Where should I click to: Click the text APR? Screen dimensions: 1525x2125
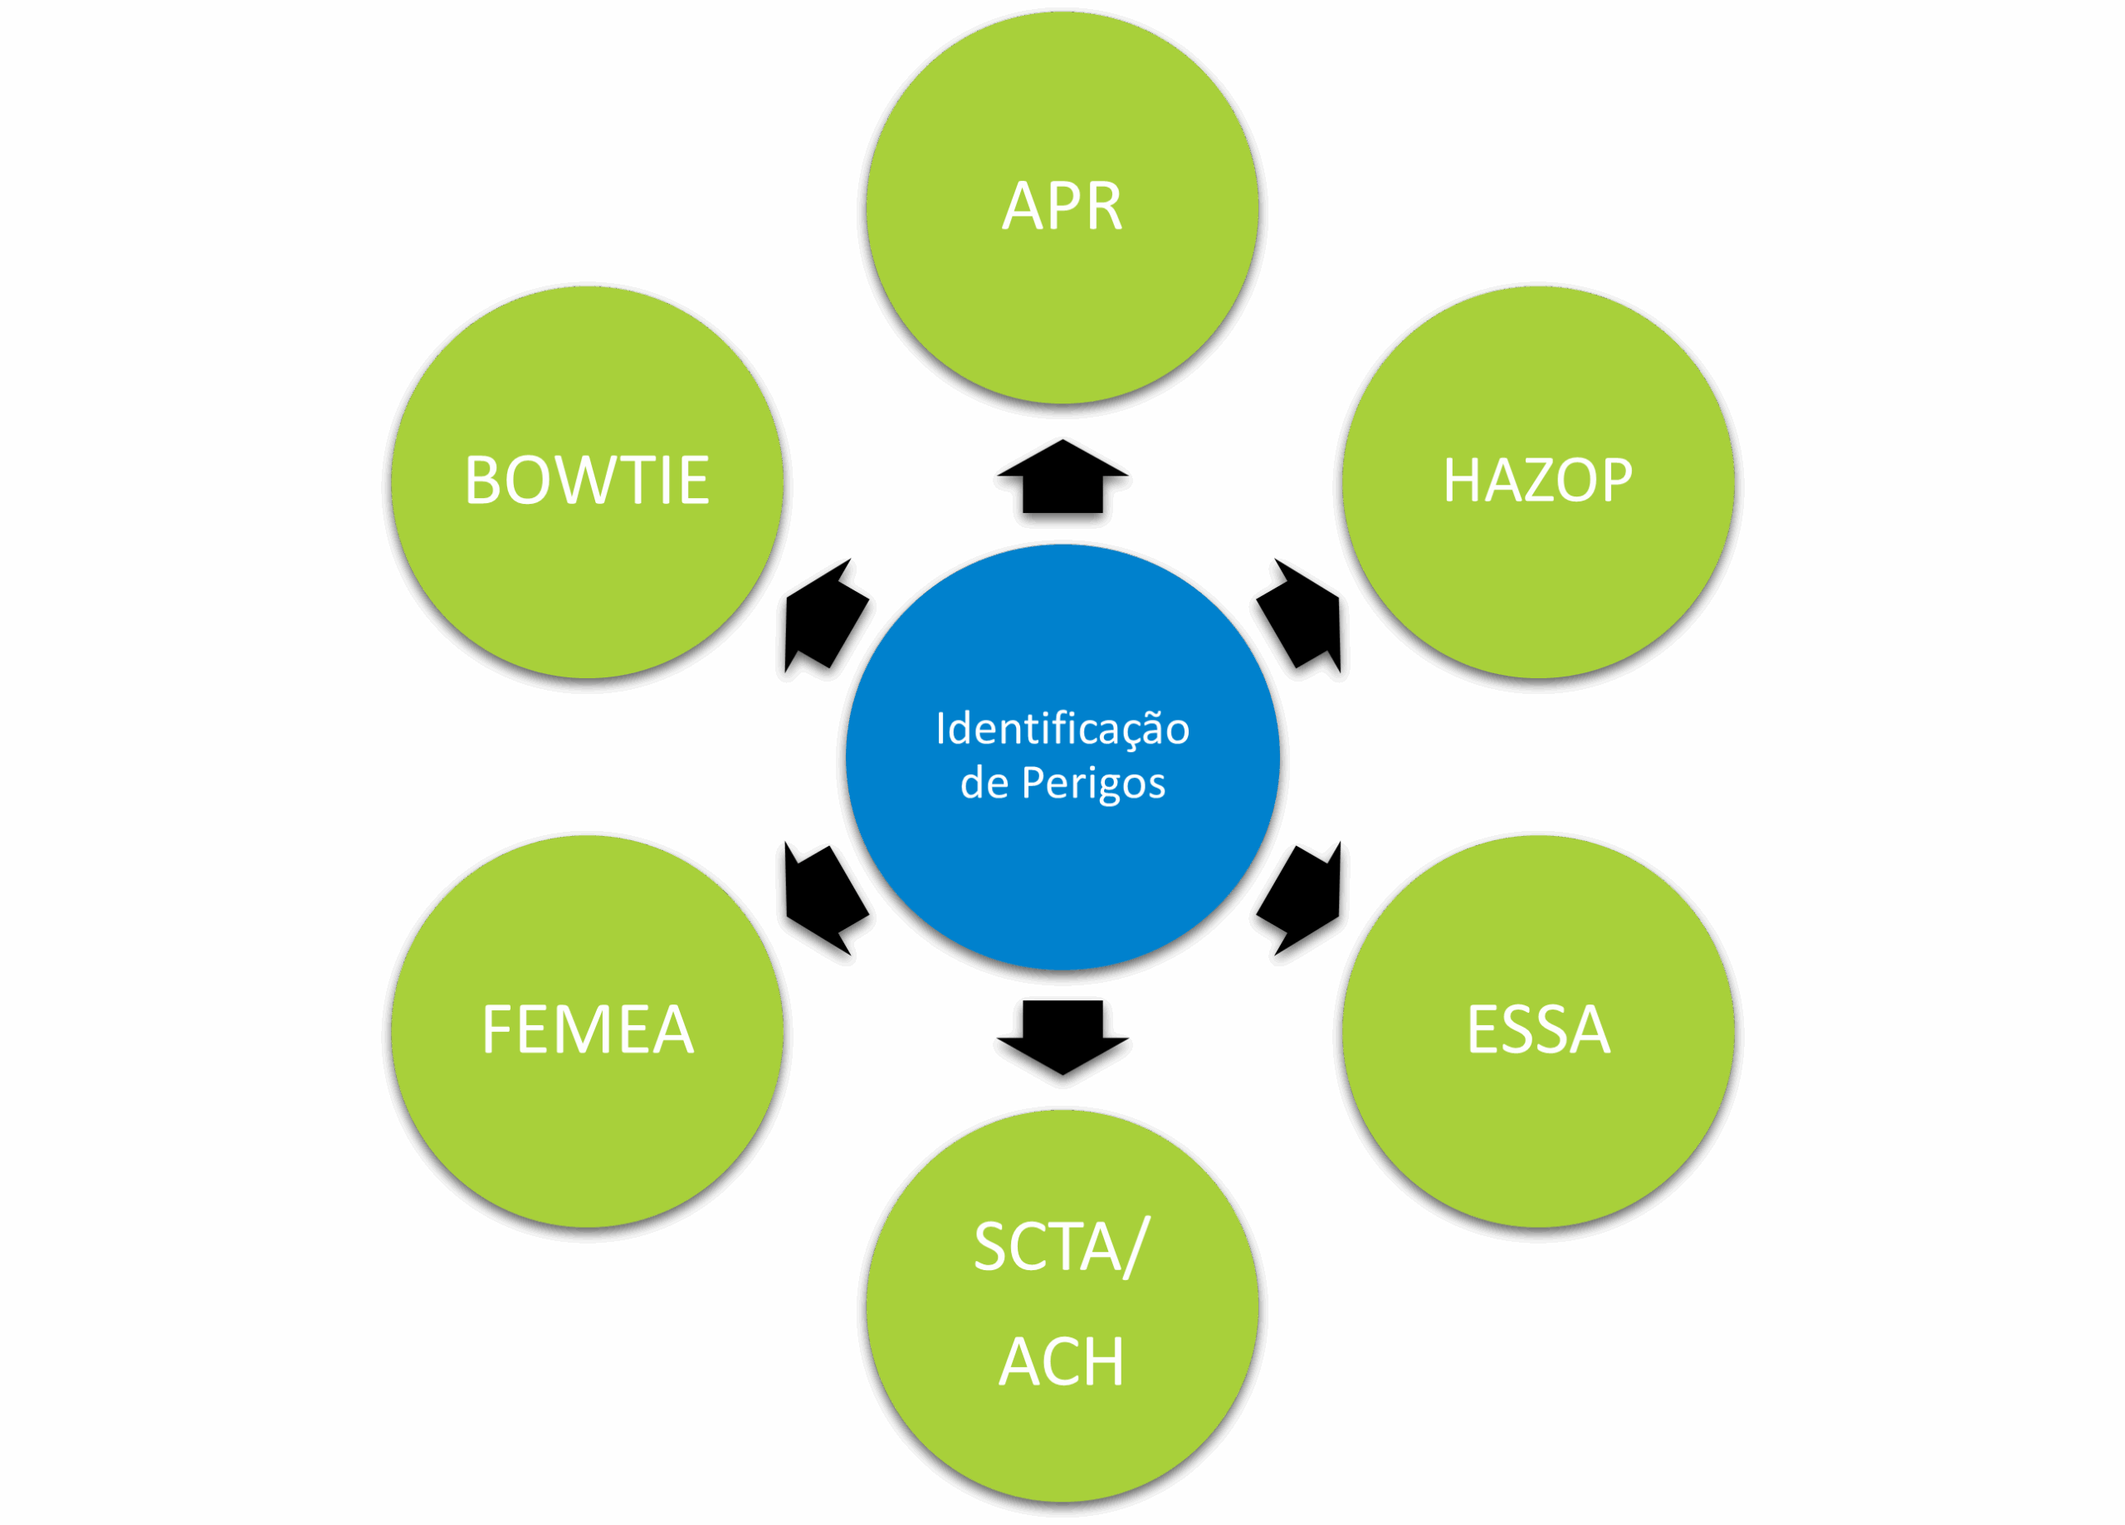[1062, 205]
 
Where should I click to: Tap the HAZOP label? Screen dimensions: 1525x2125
[1537, 481]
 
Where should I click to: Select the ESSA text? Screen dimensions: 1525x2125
[1537, 1030]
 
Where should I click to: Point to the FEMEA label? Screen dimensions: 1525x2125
[588, 1030]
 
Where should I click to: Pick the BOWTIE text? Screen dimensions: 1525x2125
[588, 481]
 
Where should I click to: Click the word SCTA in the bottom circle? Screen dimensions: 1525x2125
[1047, 1247]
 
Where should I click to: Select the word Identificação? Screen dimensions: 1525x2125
[1062, 729]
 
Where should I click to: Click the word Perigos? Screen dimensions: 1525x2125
[1093, 784]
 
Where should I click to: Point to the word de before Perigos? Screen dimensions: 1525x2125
[984, 784]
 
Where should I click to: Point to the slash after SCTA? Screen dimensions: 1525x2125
[1135, 1247]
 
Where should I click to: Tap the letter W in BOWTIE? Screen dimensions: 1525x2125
[593, 481]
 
